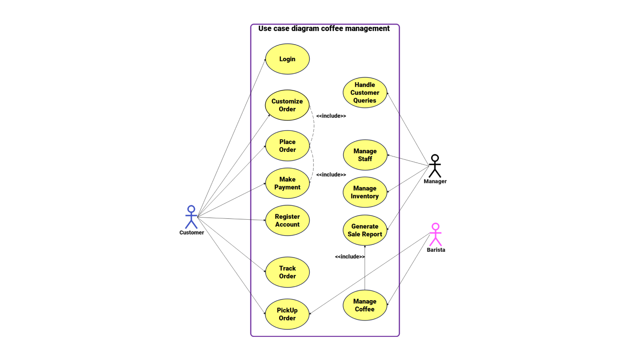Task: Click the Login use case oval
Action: pos(287,59)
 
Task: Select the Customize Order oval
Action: pos(287,105)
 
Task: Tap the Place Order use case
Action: pos(287,146)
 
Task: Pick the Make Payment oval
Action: pos(287,183)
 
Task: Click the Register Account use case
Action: pos(287,220)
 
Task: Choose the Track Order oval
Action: pos(287,272)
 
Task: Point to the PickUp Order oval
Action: pos(287,314)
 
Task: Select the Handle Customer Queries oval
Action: pos(365,92)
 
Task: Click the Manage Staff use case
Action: pos(365,155)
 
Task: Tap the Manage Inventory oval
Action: pos(365,192)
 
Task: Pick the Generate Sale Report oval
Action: pos(365,230)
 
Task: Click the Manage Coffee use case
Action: pos(365,306)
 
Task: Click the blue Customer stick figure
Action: pos(191,217)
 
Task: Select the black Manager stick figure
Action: pos(435,166)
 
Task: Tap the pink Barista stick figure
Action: pos(436,234)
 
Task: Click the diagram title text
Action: pos(324,28)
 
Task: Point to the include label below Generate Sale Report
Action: pos(350,257)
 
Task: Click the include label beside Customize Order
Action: pos(331,116)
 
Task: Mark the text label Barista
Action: pos(436,250)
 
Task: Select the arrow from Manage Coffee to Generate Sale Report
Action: pos(365,268)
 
